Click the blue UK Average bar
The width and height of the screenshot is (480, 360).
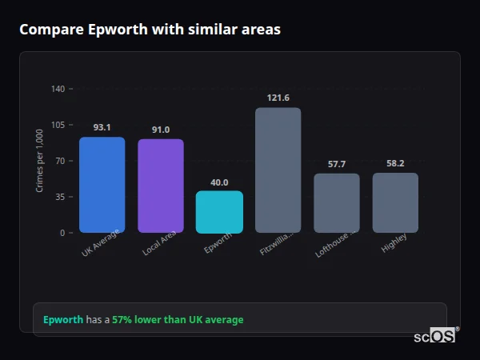(102, 185)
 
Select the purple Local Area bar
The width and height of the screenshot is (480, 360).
(161, 186)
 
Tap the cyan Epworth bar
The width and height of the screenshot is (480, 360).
(219, 212)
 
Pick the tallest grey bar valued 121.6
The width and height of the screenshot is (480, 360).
(278, 170)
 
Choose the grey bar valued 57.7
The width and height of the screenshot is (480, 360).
(337, 203)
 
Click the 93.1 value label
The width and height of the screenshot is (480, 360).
(102, 127)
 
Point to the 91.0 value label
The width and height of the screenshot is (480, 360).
(161, 130)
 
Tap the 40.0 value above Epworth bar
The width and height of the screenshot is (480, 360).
(219, 182)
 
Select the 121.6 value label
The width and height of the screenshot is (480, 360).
(278, 98)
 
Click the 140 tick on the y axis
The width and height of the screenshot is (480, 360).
(58, 89)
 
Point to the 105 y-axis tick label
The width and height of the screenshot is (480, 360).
(58, 125)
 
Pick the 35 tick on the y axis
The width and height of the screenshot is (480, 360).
(60, 197)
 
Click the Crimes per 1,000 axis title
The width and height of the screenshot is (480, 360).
(40, 161)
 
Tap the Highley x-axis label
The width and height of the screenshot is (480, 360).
(394, 242)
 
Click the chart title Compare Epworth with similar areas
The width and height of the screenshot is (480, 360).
(150, 30)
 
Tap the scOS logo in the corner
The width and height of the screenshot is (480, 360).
(434, 336)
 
